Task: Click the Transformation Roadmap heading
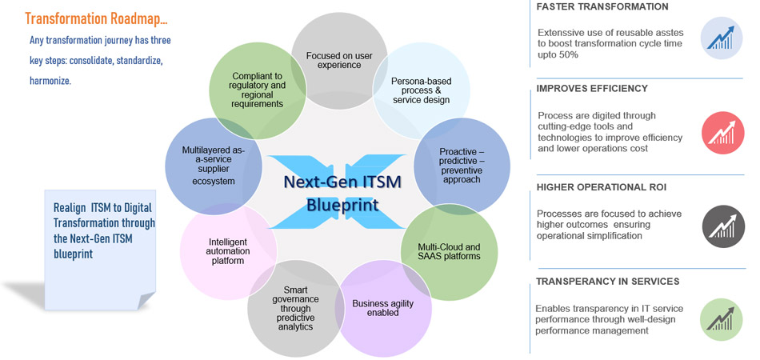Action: (96, 17)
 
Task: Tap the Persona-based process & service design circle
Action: (420, 90)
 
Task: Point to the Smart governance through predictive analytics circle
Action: (296, 308)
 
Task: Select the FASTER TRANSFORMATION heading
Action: (602, 7)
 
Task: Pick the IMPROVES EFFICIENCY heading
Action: (592, 88)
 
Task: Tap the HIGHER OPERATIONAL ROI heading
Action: (601, 187)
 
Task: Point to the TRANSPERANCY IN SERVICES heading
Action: (607, 282)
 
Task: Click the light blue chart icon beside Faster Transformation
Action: (722, 38)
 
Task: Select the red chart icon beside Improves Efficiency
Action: (722, 133)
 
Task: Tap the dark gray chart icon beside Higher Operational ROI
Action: (722, 226)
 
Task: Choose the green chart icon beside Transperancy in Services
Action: (722, 319)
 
